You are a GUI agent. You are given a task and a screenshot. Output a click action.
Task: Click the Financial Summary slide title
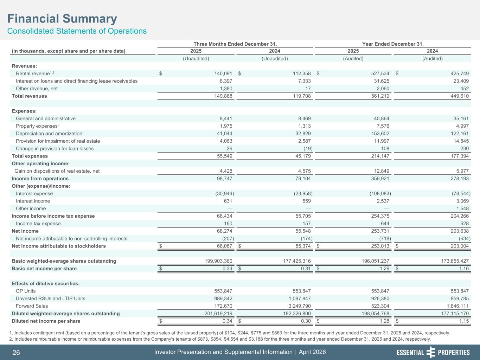coord(62,19)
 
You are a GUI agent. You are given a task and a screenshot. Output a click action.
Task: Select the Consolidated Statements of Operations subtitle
coord(77,31)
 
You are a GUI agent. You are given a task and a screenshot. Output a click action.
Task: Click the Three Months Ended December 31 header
coord(235,44)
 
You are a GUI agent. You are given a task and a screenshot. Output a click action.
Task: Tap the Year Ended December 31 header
coord(393,44)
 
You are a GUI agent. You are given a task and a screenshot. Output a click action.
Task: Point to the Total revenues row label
coord(29,96)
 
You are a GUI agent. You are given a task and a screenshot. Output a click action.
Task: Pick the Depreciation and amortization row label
coord(49,134)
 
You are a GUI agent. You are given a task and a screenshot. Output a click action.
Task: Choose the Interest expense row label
coord(34,194)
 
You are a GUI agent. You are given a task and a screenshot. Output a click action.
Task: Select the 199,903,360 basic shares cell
coord(213,261)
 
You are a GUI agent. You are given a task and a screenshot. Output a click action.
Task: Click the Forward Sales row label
coord(32,306)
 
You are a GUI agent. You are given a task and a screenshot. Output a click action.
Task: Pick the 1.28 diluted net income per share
coord(384,321)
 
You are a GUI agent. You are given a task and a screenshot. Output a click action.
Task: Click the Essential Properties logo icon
coord(431,352)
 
